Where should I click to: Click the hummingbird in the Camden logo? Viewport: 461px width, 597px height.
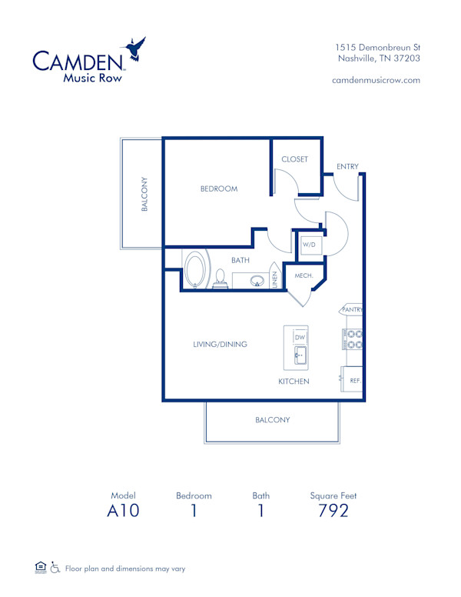click(x=134, y=49)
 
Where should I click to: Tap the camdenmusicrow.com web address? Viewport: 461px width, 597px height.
click(x=376, y=80)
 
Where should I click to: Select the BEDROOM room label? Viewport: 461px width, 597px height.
click(x=219, y=188)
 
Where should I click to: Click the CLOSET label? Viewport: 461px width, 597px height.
click(x=294, y=159)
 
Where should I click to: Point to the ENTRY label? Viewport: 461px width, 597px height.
click(x=347, y=167)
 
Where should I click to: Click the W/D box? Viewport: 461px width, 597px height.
click(x=309, y=245)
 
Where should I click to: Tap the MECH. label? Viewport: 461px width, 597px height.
click(x=302, y=275)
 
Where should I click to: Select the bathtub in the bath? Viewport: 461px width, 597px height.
click(x=196, y=270)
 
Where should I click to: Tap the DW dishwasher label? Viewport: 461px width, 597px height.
click(x=300, y=338)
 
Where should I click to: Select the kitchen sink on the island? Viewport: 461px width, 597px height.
click(x=300, y=355)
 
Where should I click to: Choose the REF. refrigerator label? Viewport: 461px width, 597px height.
click(x=355, y=380)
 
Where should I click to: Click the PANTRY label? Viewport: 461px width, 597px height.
click(x=352, y=310)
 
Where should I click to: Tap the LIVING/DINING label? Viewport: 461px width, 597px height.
click(x=220, y=345)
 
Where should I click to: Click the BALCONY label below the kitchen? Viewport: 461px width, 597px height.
click(x=272, y=420)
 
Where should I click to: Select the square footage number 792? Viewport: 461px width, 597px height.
click(x=333, y=510)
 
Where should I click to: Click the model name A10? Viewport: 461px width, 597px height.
click(x=123, y=510)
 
